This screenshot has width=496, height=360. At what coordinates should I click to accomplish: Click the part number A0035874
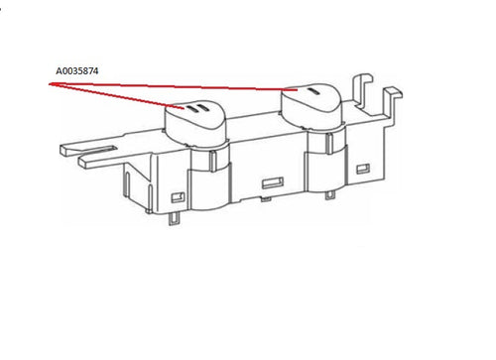(x=77, y=71)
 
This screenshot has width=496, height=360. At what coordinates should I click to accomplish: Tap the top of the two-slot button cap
(x=195, y=112)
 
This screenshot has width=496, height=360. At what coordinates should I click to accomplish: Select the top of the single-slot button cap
(x=310, y=95)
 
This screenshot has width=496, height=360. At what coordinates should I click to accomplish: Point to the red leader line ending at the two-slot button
(x=116, y=96)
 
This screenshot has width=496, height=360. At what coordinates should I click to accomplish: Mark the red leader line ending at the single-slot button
(x=174, y=87)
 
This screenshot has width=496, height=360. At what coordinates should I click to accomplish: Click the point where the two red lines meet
(x=50, y=84)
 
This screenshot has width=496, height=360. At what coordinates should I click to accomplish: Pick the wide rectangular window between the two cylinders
(x=273, y=182)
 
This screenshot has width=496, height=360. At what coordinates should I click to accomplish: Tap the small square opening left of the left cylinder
(x=178, y=197)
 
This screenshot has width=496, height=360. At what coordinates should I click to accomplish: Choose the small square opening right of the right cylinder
(x=363, y=169)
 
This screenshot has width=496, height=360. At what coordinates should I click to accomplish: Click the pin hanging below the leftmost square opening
(x=174, y=218)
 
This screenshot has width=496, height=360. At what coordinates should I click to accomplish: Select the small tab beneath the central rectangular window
(x=266, y=198)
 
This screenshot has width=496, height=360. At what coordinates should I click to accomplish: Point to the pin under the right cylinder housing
(x=329, y=195)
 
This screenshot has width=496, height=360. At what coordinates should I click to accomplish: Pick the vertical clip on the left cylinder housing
(x=213, y=161)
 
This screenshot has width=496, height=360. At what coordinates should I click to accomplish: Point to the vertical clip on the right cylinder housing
(x=329, y=143)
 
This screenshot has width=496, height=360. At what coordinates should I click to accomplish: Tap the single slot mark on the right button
(x=313, y=91)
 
